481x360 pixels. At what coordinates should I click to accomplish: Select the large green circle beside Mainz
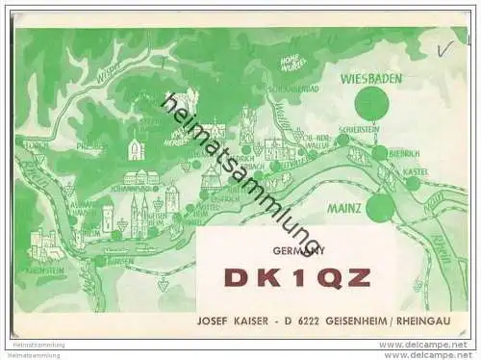[380, 207]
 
